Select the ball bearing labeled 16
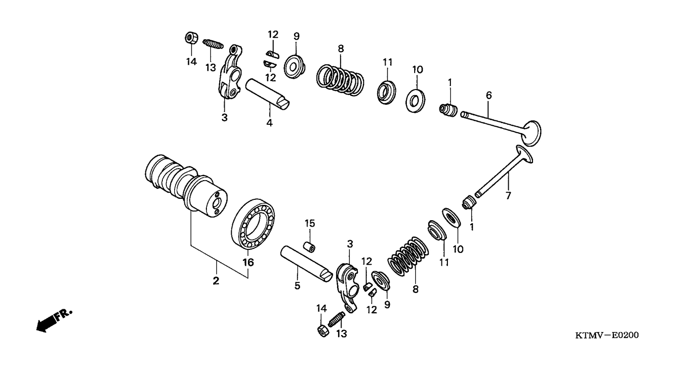click(x=253, y=224)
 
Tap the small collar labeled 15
click(x=309, y=246)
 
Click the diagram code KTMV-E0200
click(x=607, y=335)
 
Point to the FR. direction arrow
click(x=54, y=321)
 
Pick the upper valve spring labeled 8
click(x=340, y=80)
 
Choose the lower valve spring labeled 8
click(x=408, y=256)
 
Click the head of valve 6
click(x=531, y=133)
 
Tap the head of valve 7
click(x=525, y=154)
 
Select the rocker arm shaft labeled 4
click(x=267, y=94)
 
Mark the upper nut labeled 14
click(x=191, y=38)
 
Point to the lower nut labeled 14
click(x=323, y=331)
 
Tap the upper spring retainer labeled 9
click(x=294, y=67)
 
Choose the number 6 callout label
click(x=489, y=95)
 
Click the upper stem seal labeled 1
click(x=448, y=110)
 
